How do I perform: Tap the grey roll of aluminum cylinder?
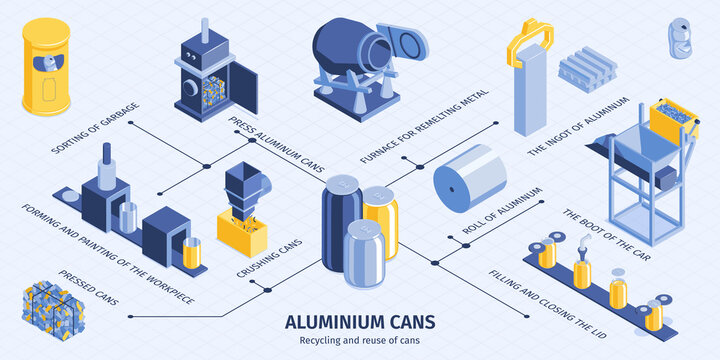[x=470, y=178]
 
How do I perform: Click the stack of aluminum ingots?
[x=585, y=70]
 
